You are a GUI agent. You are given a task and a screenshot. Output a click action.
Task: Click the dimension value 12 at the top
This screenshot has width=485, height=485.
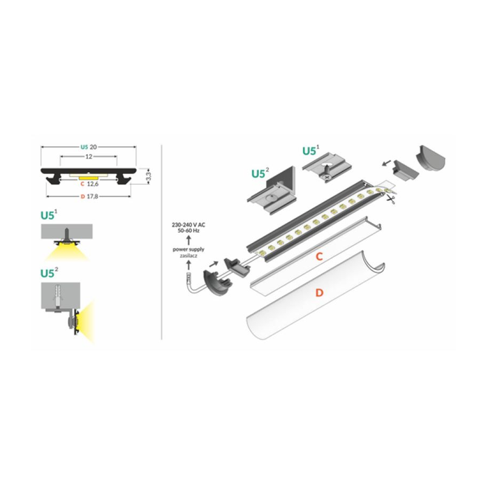pyautogui.click(x=88, y=156)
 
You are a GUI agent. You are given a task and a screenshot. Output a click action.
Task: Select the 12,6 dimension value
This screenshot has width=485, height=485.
pyautogui.click(x=93, y=183)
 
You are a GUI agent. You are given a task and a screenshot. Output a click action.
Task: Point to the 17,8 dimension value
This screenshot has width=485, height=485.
pyautogui.click(x=93, y=196)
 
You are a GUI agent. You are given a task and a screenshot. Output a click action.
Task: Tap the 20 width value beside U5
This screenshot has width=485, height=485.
pyautogui.click(x=93, y=147)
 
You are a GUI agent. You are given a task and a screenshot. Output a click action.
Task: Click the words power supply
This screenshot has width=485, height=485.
pyautogui.click(x=189, y=249)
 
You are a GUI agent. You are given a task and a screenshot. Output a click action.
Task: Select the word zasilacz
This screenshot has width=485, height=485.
pyautogui.click(x=189, y=256)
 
